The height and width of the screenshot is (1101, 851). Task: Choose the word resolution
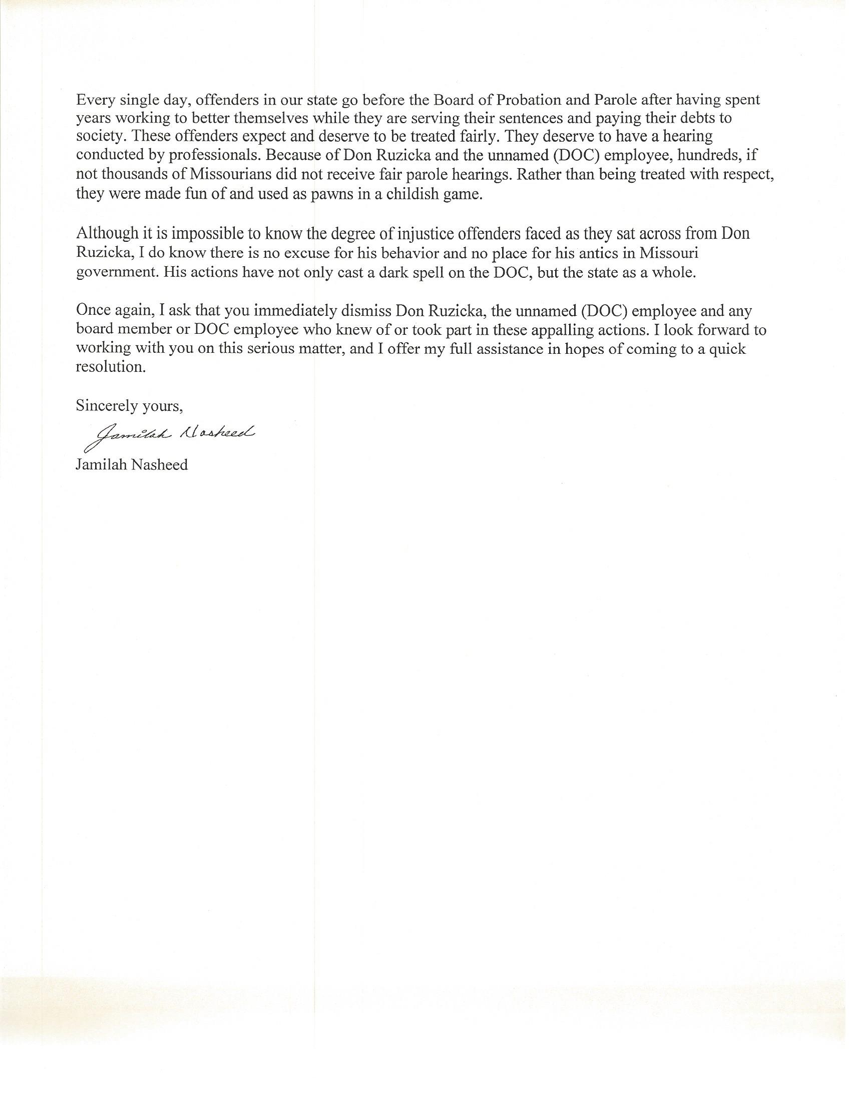point(111,367)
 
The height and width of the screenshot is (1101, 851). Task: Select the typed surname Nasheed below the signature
point(160,464)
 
